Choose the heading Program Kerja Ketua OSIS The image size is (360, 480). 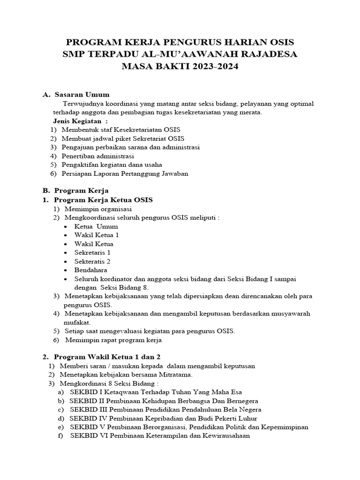click(x=103, y=200)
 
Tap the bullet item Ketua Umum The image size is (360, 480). click(x=96, y=226)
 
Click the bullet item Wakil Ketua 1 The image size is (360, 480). click(x=97, y=235)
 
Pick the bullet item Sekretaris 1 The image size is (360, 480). click(x=92, y=253)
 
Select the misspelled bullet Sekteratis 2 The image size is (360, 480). click(x=92, y=261)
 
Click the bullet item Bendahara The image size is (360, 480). click(x=90, y=270)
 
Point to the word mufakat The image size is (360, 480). click(x=77, y=322)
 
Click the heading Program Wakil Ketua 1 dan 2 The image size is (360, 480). click(x=107, y=357)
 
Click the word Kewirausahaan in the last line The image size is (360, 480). click(x=223, y=435)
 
